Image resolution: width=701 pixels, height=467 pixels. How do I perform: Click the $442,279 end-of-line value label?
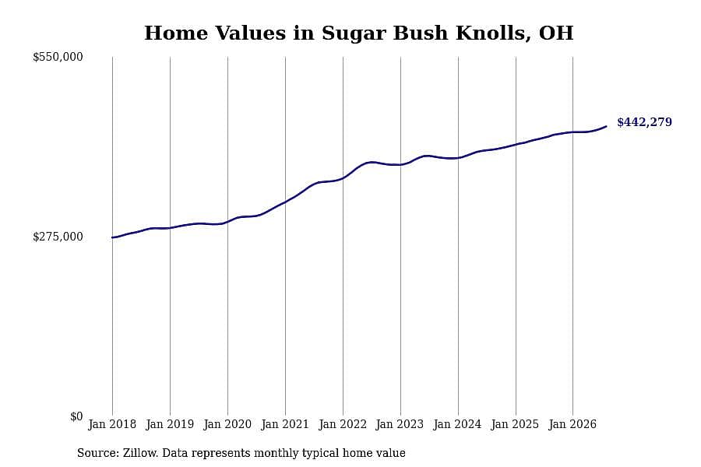(x=644, y=122)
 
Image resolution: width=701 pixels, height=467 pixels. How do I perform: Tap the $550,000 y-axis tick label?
(x=58, y=57)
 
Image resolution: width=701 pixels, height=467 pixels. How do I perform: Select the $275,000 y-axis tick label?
(x=58, y=237)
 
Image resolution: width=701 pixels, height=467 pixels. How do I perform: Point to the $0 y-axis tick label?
(x=76, y=416)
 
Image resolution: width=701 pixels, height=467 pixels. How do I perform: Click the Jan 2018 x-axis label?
(x=112, y=424)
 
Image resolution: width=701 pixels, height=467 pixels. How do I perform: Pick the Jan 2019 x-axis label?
(x=170, y=424)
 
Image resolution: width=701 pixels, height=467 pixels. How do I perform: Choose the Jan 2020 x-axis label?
(x=227, y=424)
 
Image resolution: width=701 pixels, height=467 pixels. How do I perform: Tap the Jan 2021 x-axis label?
(x=285, y=424)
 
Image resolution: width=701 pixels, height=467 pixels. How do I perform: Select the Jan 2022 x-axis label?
(x=343, y=424)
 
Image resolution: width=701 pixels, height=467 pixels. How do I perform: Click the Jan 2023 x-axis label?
(x=400, y=424)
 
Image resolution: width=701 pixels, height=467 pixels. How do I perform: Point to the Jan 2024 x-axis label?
(x=458, y=424)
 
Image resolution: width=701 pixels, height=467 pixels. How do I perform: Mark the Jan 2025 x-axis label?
(x=516, y=424)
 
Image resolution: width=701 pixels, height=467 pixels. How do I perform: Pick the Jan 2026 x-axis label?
(x=572, y=424)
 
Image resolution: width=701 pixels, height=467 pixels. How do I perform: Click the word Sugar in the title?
(x=353, y=33)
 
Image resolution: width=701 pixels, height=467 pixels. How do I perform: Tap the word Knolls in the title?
(x=494, y=33)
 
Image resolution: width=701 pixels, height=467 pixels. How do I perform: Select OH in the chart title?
(x=556, y=33)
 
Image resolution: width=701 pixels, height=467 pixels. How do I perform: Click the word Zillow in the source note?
(x=139, y=453)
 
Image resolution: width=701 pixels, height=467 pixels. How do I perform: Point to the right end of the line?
(x=606, y=126)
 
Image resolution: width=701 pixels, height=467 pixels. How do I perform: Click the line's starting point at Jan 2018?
(x=112, y=237)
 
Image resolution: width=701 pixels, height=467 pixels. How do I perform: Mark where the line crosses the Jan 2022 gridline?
(x=343, y=178)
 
